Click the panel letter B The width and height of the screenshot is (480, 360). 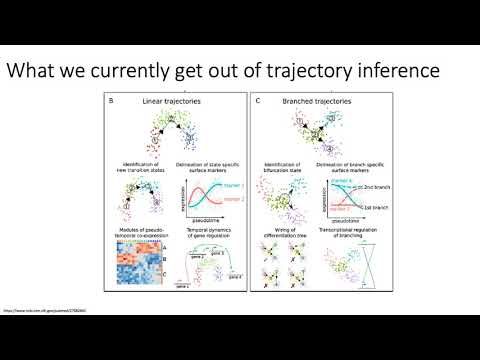click(x=123, y=101)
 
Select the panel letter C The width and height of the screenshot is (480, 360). click(x=259, y=101)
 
